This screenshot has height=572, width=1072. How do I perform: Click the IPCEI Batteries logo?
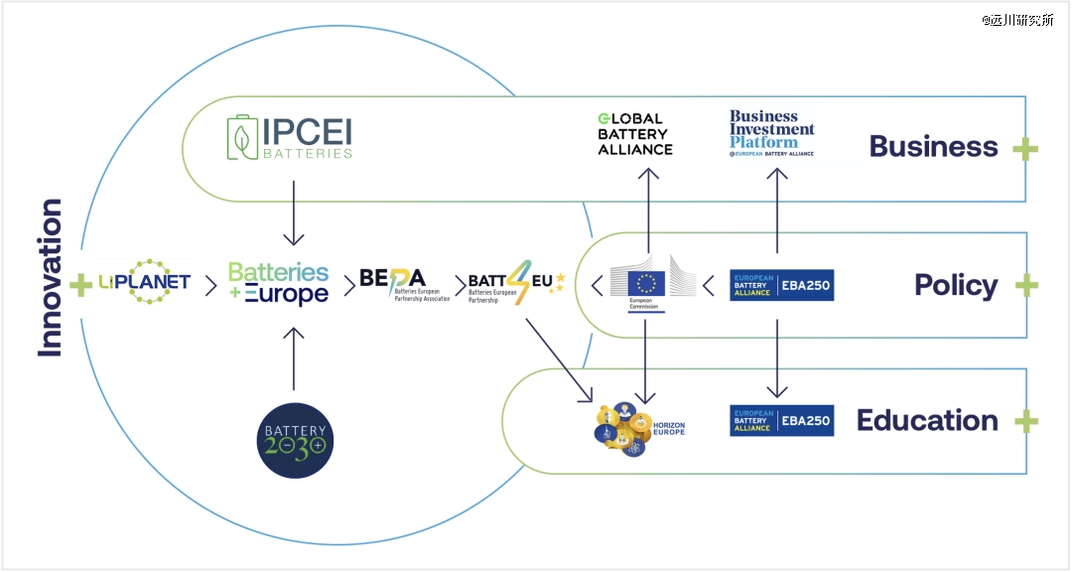tap(289, 138)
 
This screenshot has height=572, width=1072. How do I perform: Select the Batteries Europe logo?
tap(278, 284)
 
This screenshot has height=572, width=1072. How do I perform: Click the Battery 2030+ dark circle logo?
tap(294, 439)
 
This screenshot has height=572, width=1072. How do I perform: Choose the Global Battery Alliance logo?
tap(635, 135)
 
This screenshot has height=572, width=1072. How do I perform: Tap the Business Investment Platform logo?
tap(772, 134)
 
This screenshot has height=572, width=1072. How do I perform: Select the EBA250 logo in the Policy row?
tap(781, 285)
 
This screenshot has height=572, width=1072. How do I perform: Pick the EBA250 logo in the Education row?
tap(781, 420)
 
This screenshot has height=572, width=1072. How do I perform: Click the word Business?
tap(933, 146)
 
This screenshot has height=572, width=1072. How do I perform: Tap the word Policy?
tap(956, 285)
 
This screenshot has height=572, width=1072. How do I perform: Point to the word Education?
tap(927, 420)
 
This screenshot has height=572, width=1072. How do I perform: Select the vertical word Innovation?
tap(50, 278)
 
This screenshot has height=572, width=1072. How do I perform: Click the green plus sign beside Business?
tap(1025, 149)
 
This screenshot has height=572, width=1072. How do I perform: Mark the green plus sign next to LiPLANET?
tap(80, 286)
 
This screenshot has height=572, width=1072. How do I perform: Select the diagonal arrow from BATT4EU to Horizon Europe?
tap(558, 358)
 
